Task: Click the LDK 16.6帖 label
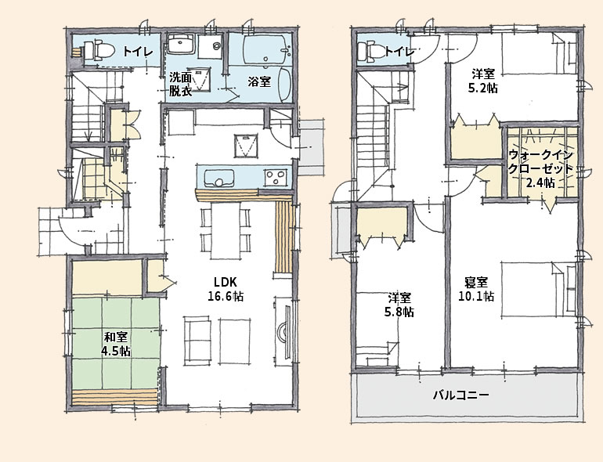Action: click(226, 289)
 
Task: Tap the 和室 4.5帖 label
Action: click(115, 345)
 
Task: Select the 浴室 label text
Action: click(259, 81)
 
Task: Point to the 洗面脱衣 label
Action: click(181, 85)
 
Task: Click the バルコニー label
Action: click(461, 395)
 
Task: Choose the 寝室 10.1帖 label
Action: click(476, 289)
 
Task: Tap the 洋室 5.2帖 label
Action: click(482, 81)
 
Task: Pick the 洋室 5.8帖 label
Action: click(399, 305)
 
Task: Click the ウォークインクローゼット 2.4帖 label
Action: click(540, 168)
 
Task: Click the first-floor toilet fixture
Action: click(99, 50)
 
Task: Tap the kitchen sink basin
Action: click(218, 178)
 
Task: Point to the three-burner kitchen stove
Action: click(276, 177)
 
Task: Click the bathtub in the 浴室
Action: click(265, 49)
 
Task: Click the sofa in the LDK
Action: click(197, 341)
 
